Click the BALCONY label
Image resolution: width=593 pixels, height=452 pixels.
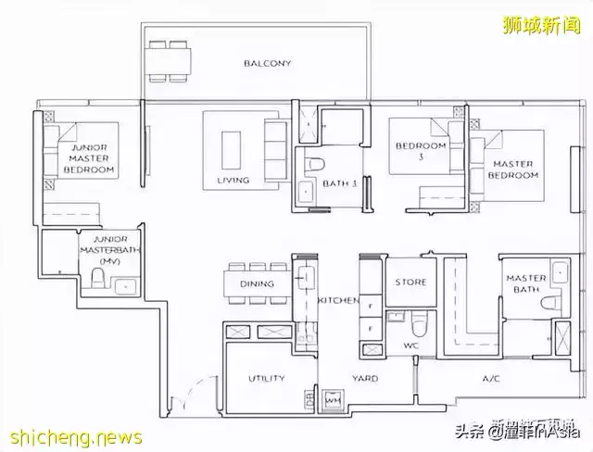pyautogui.click(x=268, y=64)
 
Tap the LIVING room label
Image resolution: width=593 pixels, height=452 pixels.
pyautogui.click(x=233, y=180)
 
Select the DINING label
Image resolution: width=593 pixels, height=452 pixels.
pyautogui.click(x=257, y=284)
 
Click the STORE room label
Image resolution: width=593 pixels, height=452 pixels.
pyautogui.click(x=410, y=282)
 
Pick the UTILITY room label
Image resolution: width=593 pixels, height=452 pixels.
pyautogui.click(x=266, y=378)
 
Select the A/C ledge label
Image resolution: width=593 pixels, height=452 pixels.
pyautogui.click(x=491, y=378)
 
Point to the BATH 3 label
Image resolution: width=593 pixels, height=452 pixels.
pyautogui.click(x=340, y=183)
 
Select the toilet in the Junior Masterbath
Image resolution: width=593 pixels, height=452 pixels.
pyautogui.click(x=99, y=281)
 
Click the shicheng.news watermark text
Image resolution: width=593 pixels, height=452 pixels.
pyautogui.click(x=71, y=436)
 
